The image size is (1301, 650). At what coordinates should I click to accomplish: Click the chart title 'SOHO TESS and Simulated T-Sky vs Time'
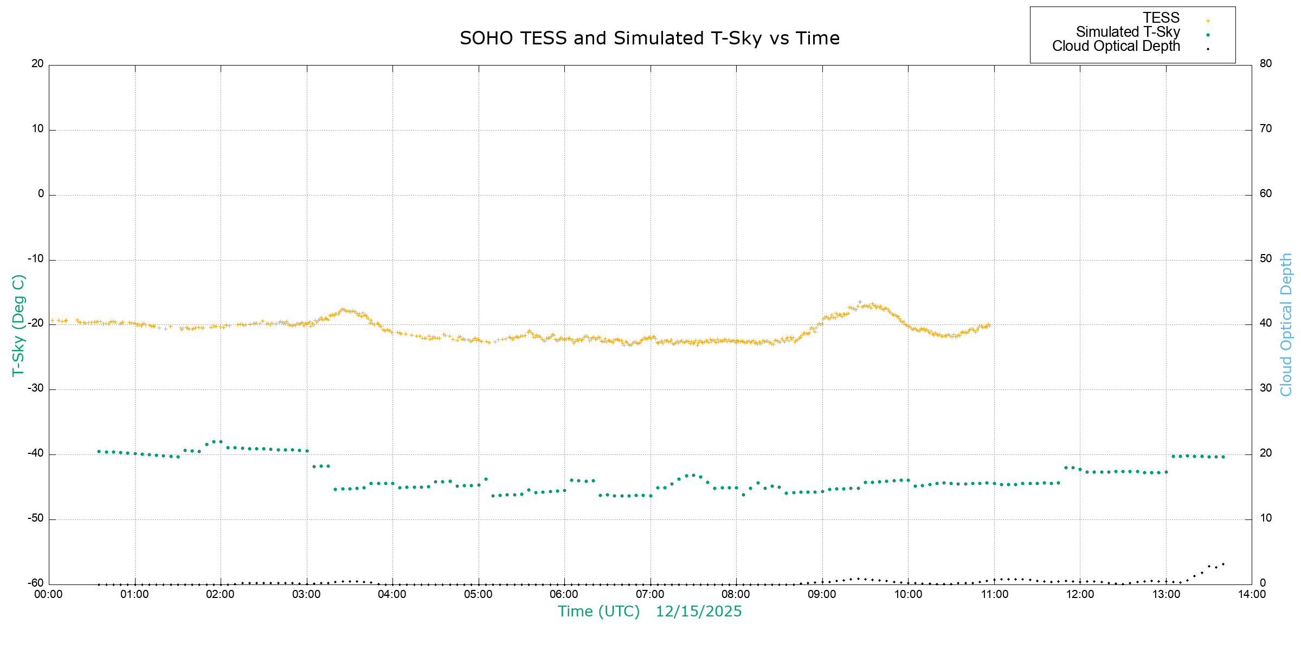649,38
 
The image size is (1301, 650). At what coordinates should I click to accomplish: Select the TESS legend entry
1161,18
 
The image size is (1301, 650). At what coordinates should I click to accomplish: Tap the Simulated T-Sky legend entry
1128,32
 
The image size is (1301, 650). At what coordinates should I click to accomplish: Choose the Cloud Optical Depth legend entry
1116,46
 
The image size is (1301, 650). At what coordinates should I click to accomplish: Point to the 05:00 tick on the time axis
478,594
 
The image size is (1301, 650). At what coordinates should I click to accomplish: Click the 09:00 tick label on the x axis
822,594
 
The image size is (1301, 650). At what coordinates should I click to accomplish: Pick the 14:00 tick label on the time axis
1252,594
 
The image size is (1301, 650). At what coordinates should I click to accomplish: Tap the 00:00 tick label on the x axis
49,594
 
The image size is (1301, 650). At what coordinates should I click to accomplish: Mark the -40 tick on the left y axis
36,453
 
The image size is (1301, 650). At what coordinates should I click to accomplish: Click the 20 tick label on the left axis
37,63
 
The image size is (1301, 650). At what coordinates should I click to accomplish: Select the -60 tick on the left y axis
36,583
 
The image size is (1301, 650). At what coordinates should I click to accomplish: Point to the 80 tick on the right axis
1266,63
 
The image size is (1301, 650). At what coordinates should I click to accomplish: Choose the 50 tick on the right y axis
1266,258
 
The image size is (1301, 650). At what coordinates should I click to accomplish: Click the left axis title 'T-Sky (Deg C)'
18,325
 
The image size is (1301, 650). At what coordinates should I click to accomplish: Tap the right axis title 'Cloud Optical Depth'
1286,325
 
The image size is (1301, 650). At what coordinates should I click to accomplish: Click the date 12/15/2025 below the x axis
698,612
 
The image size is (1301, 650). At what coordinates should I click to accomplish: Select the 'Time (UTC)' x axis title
598,612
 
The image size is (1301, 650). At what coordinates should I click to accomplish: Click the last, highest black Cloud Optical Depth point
1223,564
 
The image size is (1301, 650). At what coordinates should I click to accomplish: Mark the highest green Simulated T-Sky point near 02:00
221,442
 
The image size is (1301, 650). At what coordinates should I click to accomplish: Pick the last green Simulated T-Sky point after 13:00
1223,457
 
